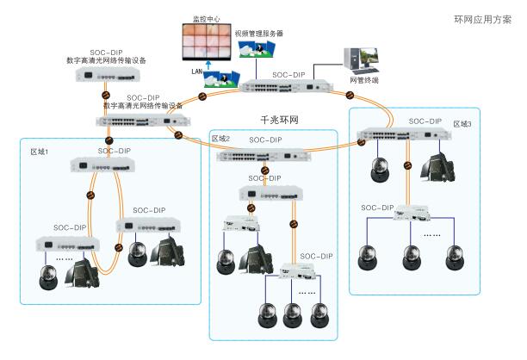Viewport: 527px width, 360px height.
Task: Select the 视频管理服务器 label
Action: click(259, 34)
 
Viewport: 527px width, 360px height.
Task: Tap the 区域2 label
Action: click(222, 138)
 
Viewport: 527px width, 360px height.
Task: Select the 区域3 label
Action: click(464, 124)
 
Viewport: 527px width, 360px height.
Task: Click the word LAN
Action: click(196, 74)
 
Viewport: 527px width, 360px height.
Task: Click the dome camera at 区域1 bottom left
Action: click(50, 276)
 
